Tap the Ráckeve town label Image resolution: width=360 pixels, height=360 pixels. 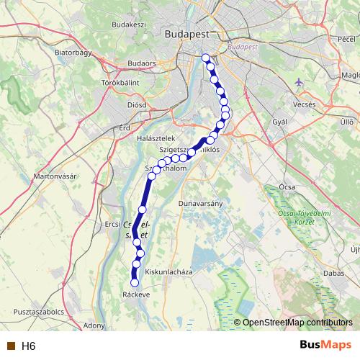tap(136, 294)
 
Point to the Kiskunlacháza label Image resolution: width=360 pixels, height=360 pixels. tap(169, 272)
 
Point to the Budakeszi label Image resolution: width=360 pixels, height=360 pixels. tap(130, 24)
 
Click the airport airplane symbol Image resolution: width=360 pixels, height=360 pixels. tap(299, 82)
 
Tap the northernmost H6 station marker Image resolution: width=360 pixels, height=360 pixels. tap(206, 58)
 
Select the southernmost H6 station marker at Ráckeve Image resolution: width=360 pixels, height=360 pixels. tap(134, 283)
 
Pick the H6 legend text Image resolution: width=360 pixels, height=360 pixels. tap(28, 346)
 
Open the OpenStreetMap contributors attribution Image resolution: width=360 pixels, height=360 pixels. tap(298, 323)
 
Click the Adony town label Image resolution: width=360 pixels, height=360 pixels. tap(94, 325)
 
